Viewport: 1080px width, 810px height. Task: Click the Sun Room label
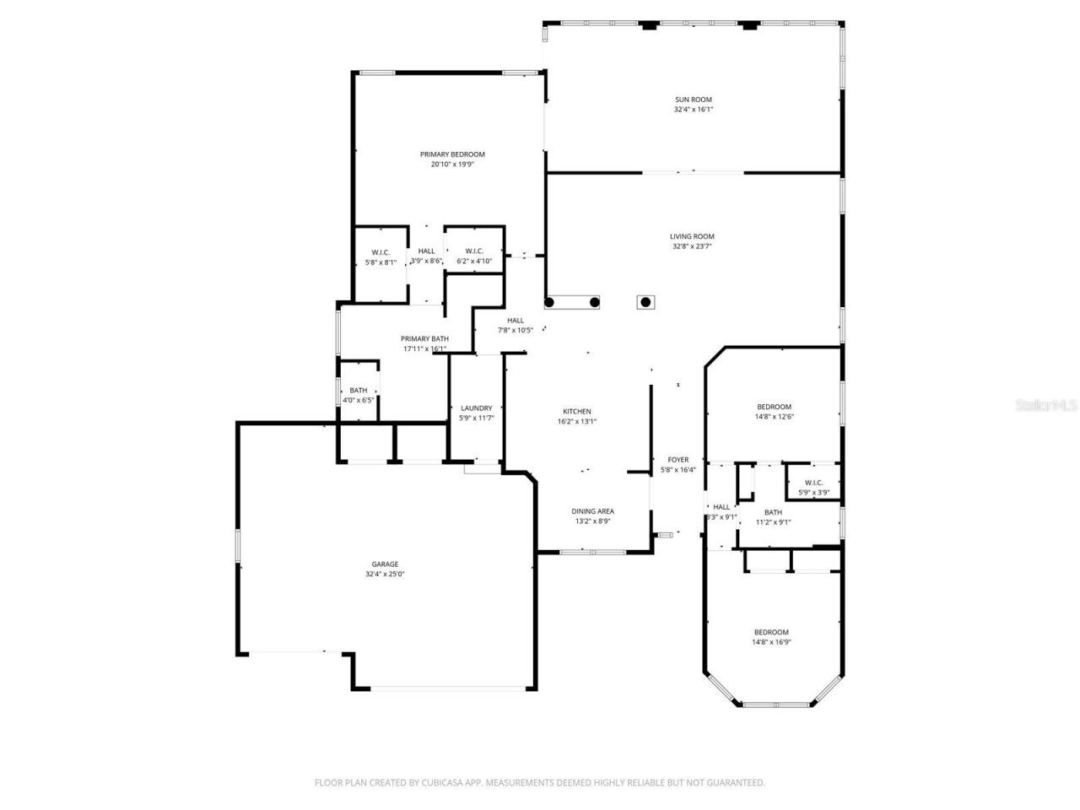[x=693, y=100]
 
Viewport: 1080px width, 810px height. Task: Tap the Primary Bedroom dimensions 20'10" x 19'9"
[x=452, y=165]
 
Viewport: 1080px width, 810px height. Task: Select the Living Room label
[x=692, y=237]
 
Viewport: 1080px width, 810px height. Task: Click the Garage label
[x=385, y=564]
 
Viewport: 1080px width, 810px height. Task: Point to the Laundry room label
[x=476, y=408]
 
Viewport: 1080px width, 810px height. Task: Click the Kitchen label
[x=577, y=412]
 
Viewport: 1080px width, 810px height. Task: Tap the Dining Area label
[x=592, y=511]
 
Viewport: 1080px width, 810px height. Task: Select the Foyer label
[x=678, y=460]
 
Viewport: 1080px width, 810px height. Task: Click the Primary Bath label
[x=424, y=338]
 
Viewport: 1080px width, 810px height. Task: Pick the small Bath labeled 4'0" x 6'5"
[x=358, y=395]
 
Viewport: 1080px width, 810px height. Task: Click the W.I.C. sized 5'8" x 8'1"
[x=381, y=256]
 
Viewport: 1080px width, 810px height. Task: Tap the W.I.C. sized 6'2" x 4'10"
[x=474, y=256]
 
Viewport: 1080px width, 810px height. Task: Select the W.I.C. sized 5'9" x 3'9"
[x=813, y=487]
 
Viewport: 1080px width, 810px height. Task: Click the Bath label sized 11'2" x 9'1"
[x=773, y=516]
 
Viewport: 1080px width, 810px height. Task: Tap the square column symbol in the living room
[x=646, y=302]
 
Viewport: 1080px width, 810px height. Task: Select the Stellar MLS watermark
[x=1046, y=406]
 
